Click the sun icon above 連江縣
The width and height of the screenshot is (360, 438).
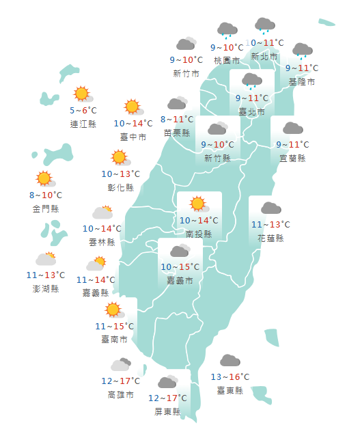(x=83, y=94)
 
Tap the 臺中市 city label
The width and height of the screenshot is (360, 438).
(x=133, y=137)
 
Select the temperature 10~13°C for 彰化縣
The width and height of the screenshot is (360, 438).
(x=120, y=174)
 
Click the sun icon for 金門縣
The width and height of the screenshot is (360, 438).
(x=45, y=179)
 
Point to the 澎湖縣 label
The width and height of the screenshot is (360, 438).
(x=46, y=288)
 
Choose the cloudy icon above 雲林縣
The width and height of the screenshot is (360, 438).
(x=102, y=212)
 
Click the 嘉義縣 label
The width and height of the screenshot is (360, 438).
(x=96, y=292)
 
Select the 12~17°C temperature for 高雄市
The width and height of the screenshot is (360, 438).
(x=120, y=381)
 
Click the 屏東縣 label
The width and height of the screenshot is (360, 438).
(x=167, y=411)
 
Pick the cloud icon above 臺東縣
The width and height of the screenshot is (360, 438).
(x=230, y=361)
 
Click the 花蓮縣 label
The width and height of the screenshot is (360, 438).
(x=271, y=238)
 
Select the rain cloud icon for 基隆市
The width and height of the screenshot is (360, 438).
(x=302, y=51)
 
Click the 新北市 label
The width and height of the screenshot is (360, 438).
(x=264, y=56)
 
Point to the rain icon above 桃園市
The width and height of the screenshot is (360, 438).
(x=227, y=31)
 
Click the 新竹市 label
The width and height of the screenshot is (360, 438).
(x=186, y=73)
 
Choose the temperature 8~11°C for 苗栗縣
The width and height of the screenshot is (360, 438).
(x=178, y=120)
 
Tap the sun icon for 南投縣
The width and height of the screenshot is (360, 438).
(x=198, y=204)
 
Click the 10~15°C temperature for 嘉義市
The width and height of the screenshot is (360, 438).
(x=180, y=267)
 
